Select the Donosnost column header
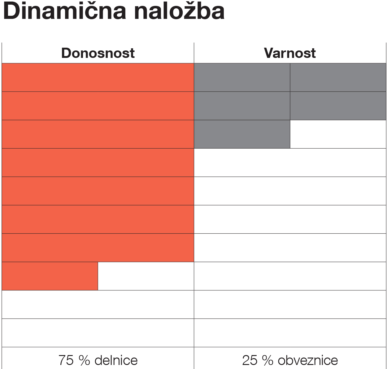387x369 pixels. click(x=98, y=53)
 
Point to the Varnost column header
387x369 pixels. click(x=290, y=53)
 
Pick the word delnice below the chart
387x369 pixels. click(x=116, y=360)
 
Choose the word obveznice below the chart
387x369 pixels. click(x=308, y=360)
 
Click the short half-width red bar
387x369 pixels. click(x=50, y=276)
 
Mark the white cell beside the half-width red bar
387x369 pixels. click(x=146, y=276)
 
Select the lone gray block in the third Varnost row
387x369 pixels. click(x=242, y=134)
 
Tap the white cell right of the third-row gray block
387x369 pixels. click(x=338, y=134)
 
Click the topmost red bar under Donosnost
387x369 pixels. click(x=98, y=77)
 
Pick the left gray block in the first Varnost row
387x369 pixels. click(x=242, y=77)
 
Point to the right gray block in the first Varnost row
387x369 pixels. click(x=338, y=77)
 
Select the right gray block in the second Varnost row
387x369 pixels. click(x=338, y=106)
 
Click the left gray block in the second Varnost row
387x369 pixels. click(x=242, y=106)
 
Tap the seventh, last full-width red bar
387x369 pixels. click(x=98, y=248)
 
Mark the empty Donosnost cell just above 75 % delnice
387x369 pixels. click(x=98, y=333)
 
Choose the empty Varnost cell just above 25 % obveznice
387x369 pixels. click(x=290, y=333)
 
